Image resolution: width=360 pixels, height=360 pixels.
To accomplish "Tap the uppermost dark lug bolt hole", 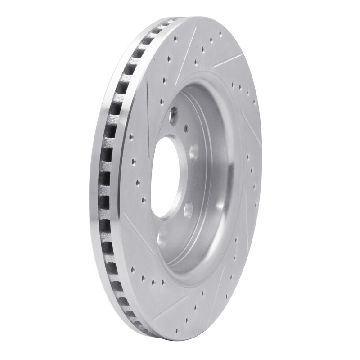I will [x=174, y=116].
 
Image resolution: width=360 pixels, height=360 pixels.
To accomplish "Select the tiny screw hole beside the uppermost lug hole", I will [x=186, y=127].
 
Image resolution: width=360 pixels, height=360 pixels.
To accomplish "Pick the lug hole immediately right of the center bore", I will [x=193, y=153].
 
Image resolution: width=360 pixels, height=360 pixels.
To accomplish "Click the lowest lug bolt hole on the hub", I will [x=162, y=238].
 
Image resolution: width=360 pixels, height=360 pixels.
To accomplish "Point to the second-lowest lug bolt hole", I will [x=188, y=210].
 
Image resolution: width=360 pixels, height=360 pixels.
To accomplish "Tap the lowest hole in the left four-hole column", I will [x=144, y=200].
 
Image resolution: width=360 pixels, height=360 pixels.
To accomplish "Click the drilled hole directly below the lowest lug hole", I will [x=163, y=283].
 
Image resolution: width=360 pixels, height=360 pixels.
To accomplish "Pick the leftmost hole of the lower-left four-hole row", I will [x=132, y=270].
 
